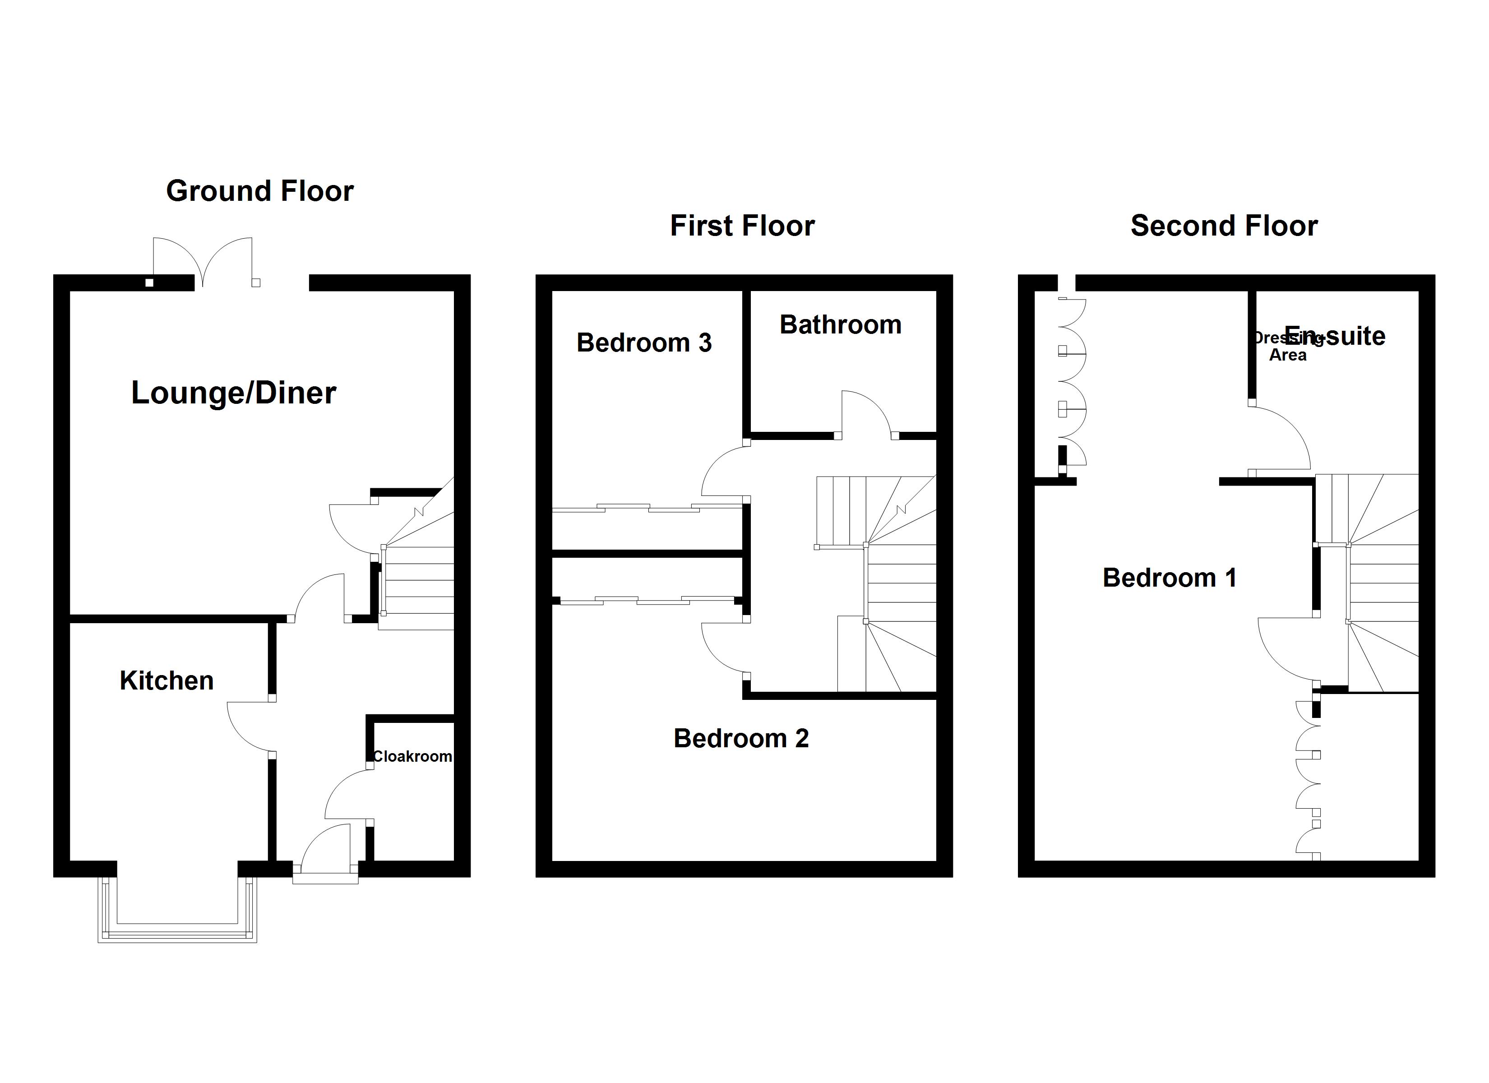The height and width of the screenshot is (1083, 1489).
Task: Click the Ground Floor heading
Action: (259, 191)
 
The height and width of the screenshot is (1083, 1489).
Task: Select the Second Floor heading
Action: (1224, 226)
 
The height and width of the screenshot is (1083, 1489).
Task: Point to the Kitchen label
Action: (167, 680)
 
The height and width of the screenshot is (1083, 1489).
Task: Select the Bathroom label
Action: (840, 324)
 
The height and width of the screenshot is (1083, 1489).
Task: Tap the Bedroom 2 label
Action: (741, 738)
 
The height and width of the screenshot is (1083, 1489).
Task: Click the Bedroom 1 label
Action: (1169, 578)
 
